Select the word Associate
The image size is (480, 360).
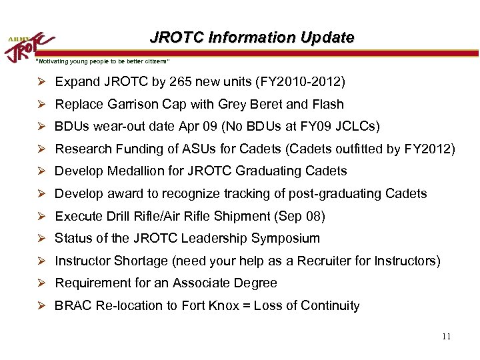pos(199,283)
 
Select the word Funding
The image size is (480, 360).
pos(135,149)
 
